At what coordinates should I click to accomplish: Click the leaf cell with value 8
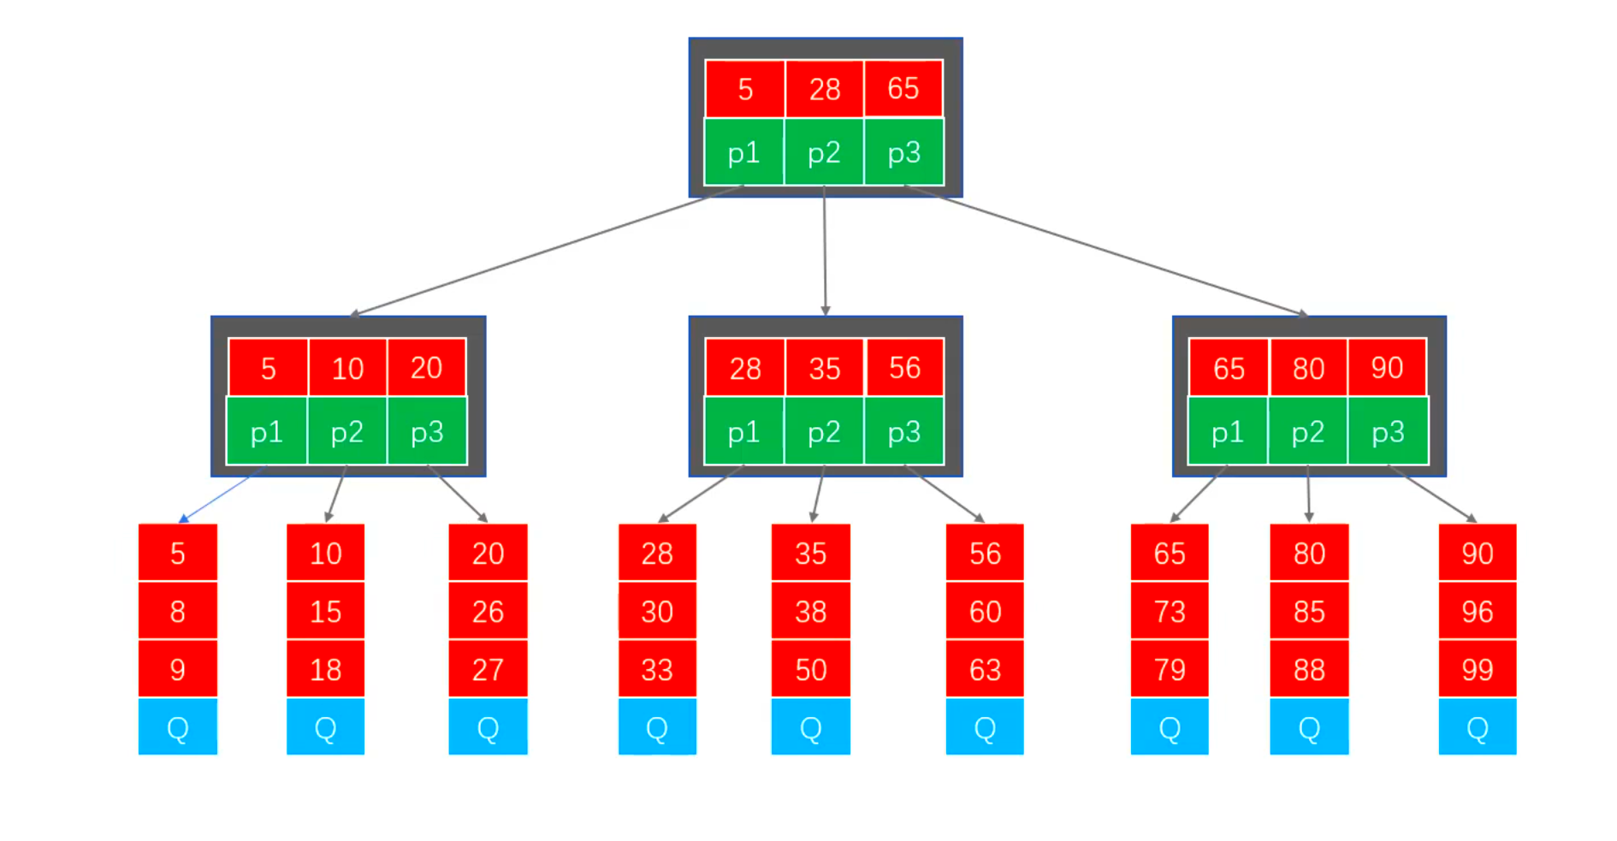coord(178,611)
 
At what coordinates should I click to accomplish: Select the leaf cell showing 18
coord(325,669)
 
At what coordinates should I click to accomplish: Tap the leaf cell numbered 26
coord(488,611)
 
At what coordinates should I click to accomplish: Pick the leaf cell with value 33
coord(657,669)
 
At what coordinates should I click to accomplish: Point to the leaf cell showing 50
coord(810,669)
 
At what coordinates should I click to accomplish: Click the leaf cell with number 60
coord(985,611)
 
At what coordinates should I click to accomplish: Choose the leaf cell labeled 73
coord(1170,611)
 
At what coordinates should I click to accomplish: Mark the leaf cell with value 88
coord(1309,669)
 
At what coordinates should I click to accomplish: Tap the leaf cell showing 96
coord(1478,611)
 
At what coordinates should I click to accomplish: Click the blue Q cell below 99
coord(1478,727)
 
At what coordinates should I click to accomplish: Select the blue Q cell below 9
coord(178,727)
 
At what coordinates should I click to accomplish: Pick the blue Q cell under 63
coord(985,727)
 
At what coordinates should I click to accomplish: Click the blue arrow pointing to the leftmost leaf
coord(218,497)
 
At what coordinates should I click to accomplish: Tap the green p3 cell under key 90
coord(1388,432)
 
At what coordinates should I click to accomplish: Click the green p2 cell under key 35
coord(824,432)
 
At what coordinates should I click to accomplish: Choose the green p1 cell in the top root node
coord(743,153)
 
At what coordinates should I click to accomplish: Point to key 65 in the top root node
coord(903,88)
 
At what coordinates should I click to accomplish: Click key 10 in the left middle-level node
coord(347,368)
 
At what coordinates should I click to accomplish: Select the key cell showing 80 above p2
coord(1308,368)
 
